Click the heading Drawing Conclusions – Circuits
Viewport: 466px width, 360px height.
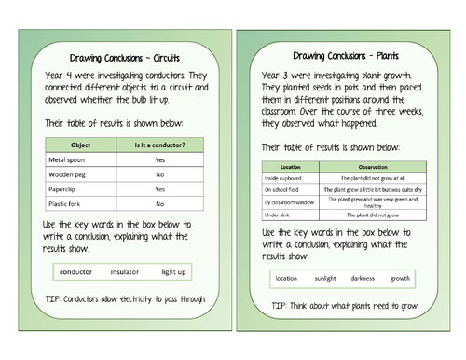coord(125,56)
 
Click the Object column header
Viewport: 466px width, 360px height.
coord(77,144)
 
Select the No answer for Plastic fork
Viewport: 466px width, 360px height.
coord(159,203)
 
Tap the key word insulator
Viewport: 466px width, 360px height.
coord(124,271)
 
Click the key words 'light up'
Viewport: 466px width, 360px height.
coord(174,271)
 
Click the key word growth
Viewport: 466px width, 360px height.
coord(400,278)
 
